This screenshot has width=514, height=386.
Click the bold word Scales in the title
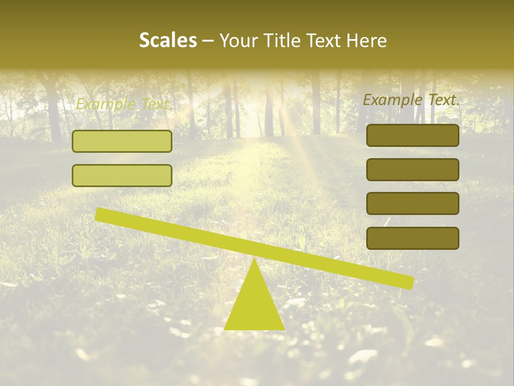click(168, 41)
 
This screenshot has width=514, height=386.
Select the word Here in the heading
click(367, 41)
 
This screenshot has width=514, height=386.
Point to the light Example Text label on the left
click(123, 104)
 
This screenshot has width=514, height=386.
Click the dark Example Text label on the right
click(411, 100)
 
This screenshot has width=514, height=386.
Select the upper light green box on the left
click(122, 141)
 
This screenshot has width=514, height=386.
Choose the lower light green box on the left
click(122, 175)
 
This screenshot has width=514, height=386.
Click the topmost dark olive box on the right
click(413, 136)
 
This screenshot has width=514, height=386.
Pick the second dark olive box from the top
click(413, 169)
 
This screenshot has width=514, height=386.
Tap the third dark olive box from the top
click(413, 204)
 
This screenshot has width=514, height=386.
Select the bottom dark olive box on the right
click(413, 238)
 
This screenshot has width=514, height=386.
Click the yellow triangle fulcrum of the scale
click(254, 306)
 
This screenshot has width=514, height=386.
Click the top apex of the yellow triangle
click(254, 260)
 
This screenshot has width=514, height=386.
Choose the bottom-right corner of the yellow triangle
click(283, 329)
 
